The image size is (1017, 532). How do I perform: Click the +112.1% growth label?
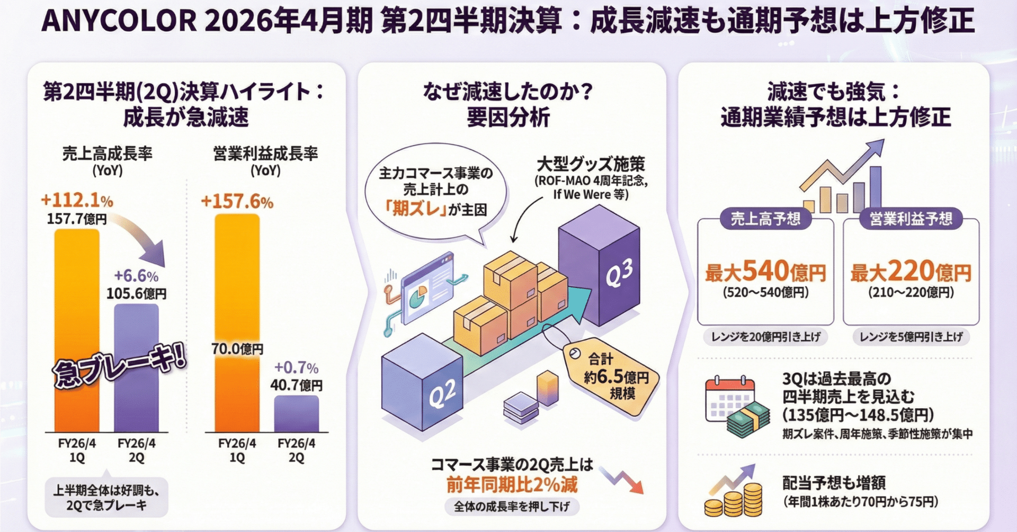coord(77,201)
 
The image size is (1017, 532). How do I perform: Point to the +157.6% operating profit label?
coord(237,202)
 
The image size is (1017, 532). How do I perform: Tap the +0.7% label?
coord(296,368)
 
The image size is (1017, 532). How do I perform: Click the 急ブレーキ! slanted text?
coord(120,367)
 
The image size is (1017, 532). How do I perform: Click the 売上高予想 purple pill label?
coord(765,219)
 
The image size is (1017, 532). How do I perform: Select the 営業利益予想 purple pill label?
coord(911,219)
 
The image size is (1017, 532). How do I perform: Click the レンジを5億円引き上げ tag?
coord(911,337)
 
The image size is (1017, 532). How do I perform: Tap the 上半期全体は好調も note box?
coord(106,498)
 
